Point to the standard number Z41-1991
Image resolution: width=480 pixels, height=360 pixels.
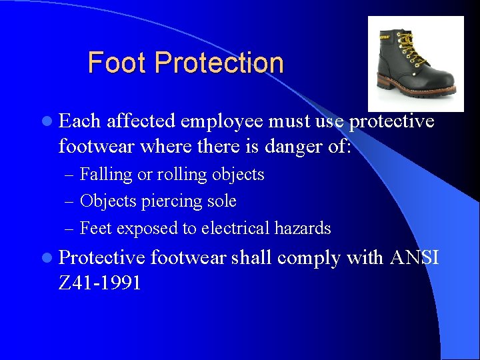point(100,283)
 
